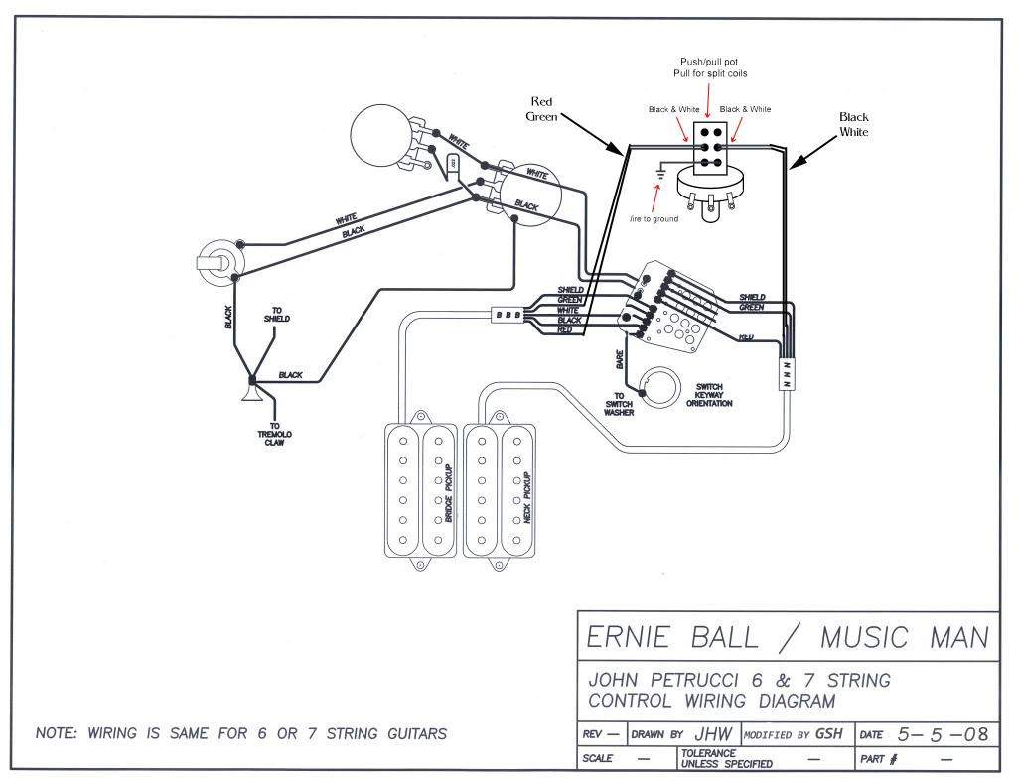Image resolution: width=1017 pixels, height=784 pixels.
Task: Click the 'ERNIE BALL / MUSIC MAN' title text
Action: [x=789, y=637]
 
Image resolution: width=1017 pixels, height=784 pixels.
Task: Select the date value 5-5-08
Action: [x=942, y=735]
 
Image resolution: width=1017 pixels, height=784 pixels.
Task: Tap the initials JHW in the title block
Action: [x=713, y=735]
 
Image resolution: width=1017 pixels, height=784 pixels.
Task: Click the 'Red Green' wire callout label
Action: [x=541, y=108]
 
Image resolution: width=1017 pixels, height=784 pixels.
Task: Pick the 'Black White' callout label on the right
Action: [x=853, y=124]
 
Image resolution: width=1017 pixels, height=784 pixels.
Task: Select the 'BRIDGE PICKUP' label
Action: [x=449, y=493]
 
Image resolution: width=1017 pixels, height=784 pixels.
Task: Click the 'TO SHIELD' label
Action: [x=277, y=315]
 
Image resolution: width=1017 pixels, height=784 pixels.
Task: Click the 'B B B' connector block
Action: [x=504, y=315]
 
